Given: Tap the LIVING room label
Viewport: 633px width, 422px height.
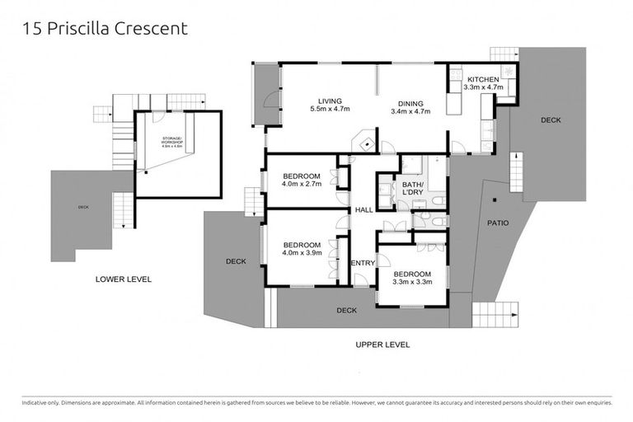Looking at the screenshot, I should click(x=330, y=101).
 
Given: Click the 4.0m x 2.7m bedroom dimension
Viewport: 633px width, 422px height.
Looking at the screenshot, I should click(x=302, y=185).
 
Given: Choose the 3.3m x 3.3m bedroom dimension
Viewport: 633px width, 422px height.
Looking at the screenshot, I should click(x=410, y=283).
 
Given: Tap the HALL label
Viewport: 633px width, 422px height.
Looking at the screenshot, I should click(x=363, y=210).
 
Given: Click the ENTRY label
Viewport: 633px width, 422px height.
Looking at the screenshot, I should click(x=363, y=263).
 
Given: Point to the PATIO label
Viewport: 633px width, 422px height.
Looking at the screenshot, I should click(x=498, y=223).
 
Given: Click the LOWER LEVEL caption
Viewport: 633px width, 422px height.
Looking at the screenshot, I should click(x=124, y=279).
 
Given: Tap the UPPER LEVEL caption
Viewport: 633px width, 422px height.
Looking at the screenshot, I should click(x=382, y=345).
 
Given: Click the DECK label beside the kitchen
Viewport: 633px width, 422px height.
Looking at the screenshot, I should click(x=551, y=120).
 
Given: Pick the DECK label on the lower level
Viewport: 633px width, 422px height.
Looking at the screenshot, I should click(x=83, y=208).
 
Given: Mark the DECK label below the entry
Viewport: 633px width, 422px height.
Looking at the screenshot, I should click(x=346, y=311).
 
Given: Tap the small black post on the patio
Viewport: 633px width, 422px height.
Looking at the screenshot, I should click(x=490, y=199).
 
